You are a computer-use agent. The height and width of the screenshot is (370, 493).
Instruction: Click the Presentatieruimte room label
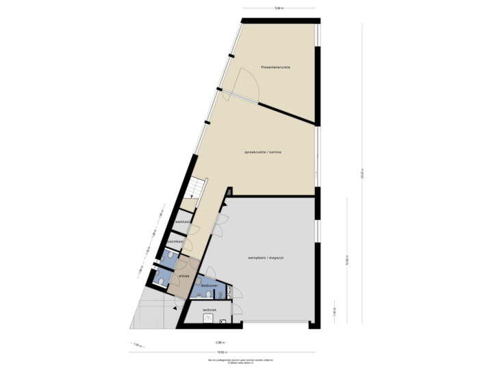click(x=275, y=67)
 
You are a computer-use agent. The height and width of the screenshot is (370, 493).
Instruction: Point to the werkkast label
click(x=182, y=223)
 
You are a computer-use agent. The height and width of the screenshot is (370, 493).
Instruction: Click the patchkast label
click(x=175, y=241)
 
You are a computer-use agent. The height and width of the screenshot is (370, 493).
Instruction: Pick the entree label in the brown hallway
click(x=184, y=276)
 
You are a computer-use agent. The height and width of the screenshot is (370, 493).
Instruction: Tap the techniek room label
click(x=210, y=310)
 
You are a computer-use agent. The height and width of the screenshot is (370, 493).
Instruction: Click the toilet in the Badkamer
click(x=206, y=295)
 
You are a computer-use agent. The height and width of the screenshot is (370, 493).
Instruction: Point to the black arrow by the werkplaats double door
click(x=224, y=195)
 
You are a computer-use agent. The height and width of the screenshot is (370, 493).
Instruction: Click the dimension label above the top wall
click(x=279, y=10)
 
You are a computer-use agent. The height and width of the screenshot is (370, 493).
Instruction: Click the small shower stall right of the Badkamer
click(x=229, y=293)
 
